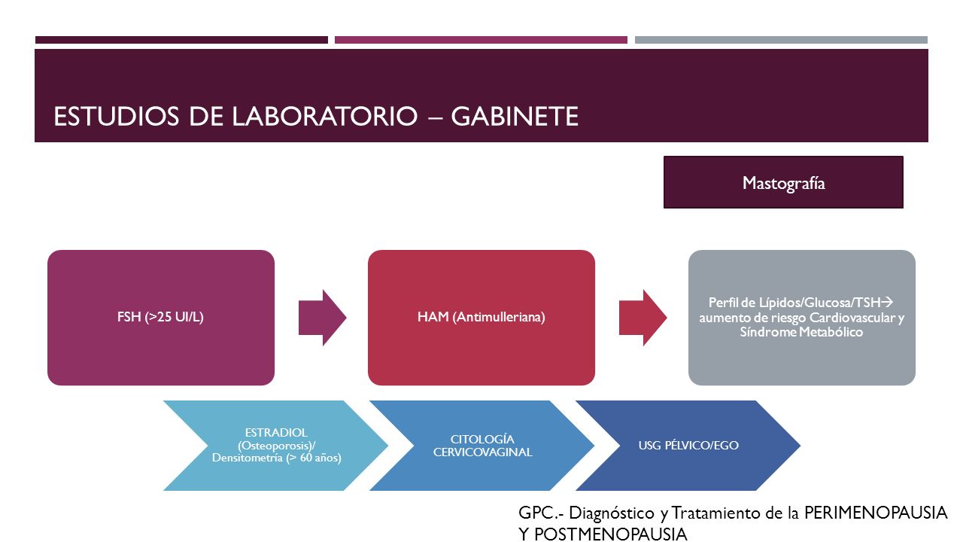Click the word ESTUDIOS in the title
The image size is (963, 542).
pyautogui.click(x=116, y=116)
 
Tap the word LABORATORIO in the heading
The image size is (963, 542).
pyautogui.click(x=324, y=116)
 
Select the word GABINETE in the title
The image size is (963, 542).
pyautogui.click(x=514, y=116)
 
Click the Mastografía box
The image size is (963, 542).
pyautogui.click(x=783, y=182)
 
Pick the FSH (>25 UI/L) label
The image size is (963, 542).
pyautogui.click(x=160, y=317)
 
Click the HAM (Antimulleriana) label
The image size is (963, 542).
pyautogui.click(x=481, y=317)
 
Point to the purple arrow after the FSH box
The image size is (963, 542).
pyautogui.click(x=323, y=318)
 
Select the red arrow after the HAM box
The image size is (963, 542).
pyautogui.click(x=643, y=318)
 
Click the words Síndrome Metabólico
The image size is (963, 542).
pyautogui.click(x=801, y=332)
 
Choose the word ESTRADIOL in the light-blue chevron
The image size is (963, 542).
pyautogui.click(x=276, y=432)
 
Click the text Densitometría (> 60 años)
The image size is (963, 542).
pyautogui.click(x=276, y=458)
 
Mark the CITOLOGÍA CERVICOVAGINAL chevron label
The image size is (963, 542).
pyautogui.click(x=482, y=446)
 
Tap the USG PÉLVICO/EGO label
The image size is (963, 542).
pyautogui.click(x=688, y=445)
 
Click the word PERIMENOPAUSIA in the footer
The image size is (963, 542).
pyautogui.click(x=876, y=513)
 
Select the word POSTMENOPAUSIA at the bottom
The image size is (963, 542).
pyautogui.click(x=610, y=534)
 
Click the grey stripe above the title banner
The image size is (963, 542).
pyautogui.click(x=781, y=40)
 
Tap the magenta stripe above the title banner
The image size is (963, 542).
pyautogui.click(x=481, y=40)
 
